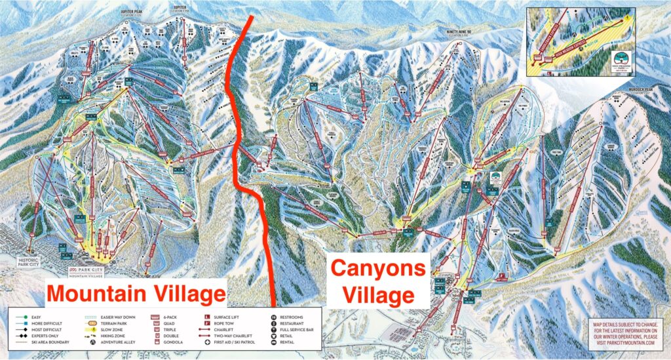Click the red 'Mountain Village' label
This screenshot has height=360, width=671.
[136, 292]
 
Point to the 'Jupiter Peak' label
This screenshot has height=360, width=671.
[131, 13]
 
